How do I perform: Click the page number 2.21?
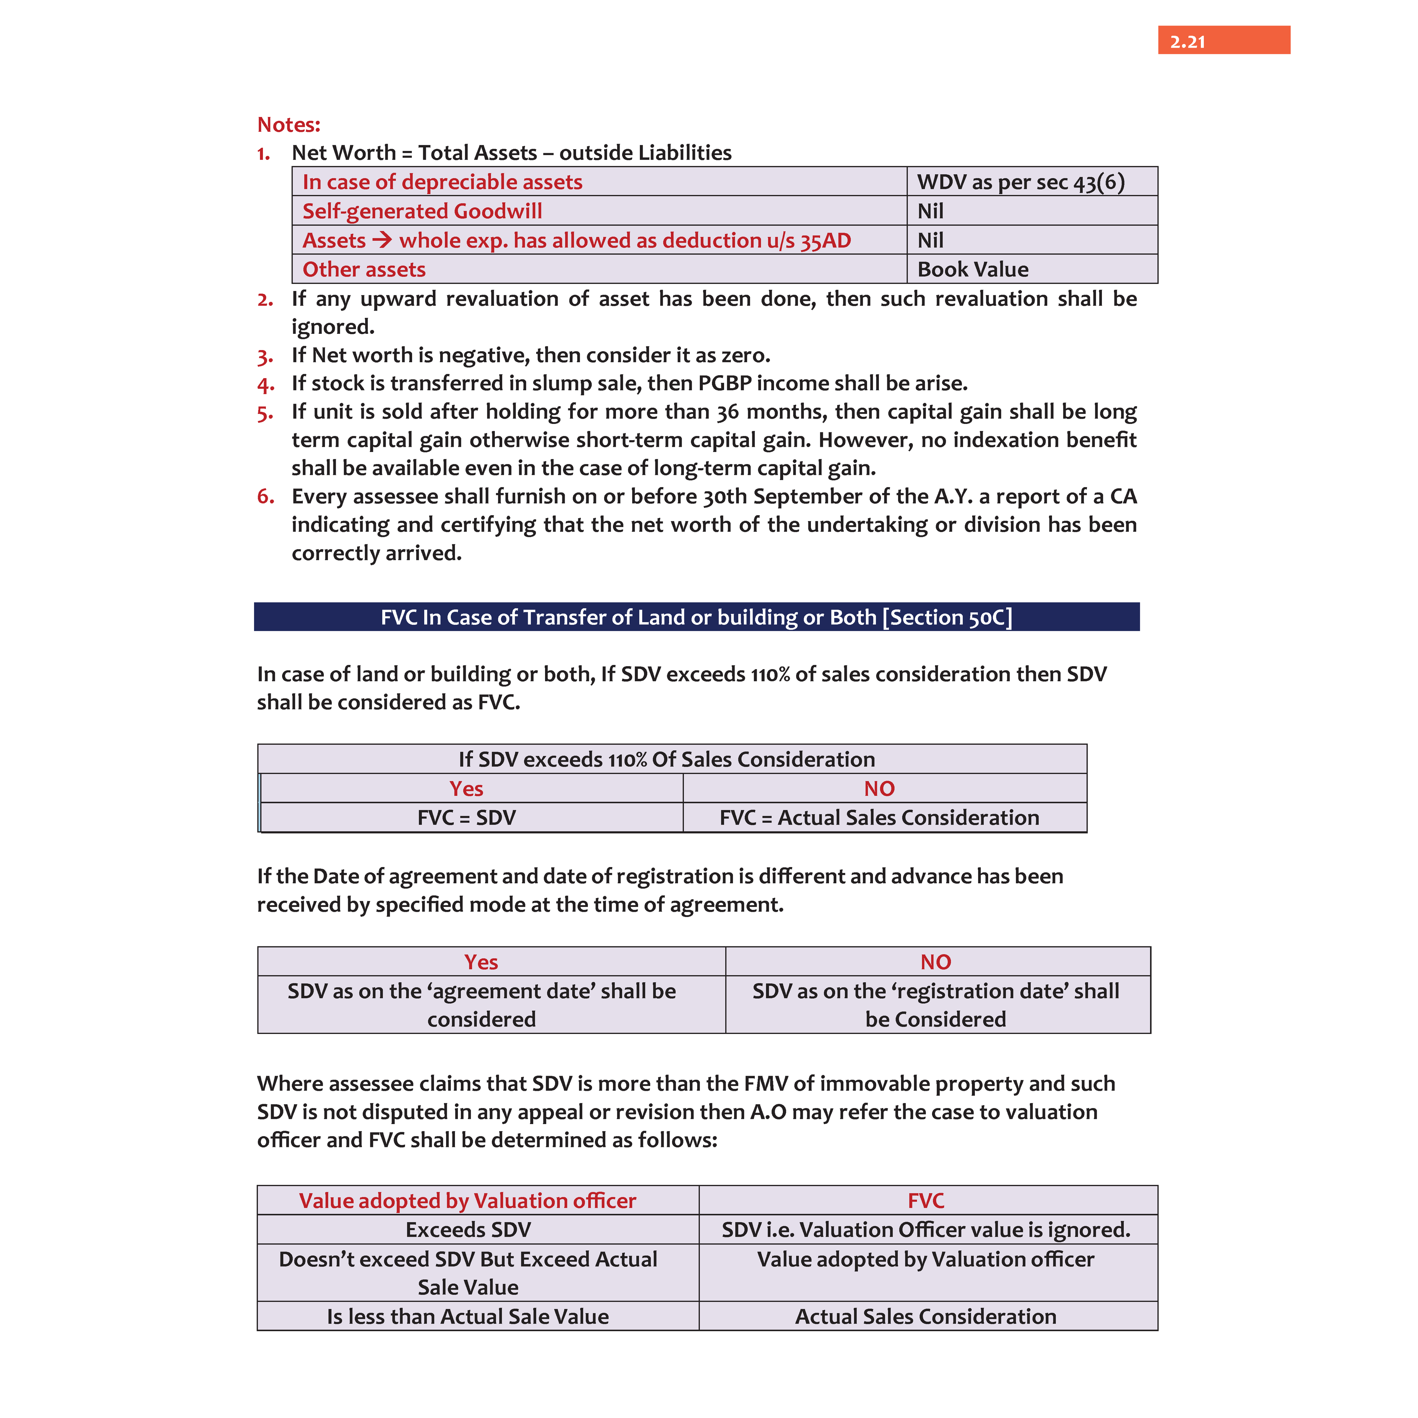1187,42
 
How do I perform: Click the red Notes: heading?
288,125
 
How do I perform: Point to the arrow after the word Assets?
382,240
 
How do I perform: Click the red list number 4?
265,384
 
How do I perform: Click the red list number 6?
265,497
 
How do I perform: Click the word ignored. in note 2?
332,327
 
